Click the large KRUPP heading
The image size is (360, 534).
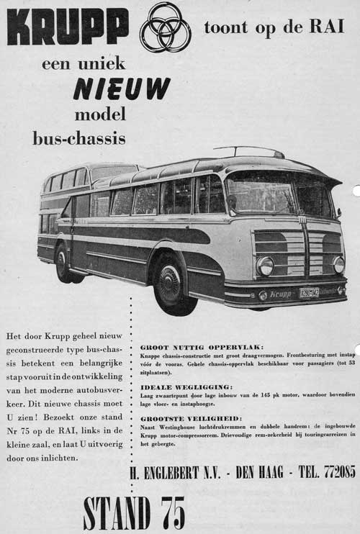(x=68, y=26)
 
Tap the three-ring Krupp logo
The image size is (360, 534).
(x=165, y=27)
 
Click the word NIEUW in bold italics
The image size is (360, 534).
(x=122, y=89)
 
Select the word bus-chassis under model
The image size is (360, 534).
(x=78, y=137)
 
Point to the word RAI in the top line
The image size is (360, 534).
(x=328, y=27)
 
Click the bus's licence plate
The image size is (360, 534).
(x=310, y=293)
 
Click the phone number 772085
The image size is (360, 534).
(x=335, y=472)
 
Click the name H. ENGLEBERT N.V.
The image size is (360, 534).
(x=176, y=472)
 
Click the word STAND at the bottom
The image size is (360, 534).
(x=116, y=512)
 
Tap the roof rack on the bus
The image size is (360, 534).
(x=248, y=151)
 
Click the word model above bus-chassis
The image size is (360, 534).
(x=99, y=114)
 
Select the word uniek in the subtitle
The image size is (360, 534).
(x=107, y=63)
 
